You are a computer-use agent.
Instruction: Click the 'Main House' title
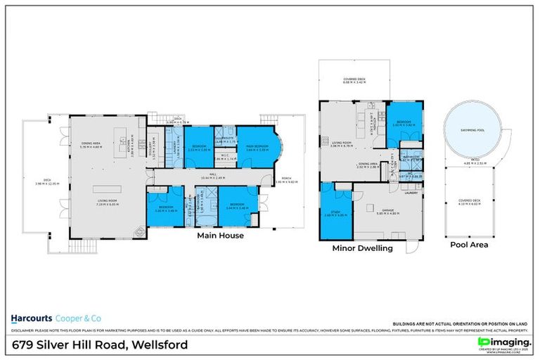(220, 236)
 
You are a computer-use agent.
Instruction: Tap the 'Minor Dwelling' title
(362, 249)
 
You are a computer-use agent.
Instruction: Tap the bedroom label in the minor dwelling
(404, 122)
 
